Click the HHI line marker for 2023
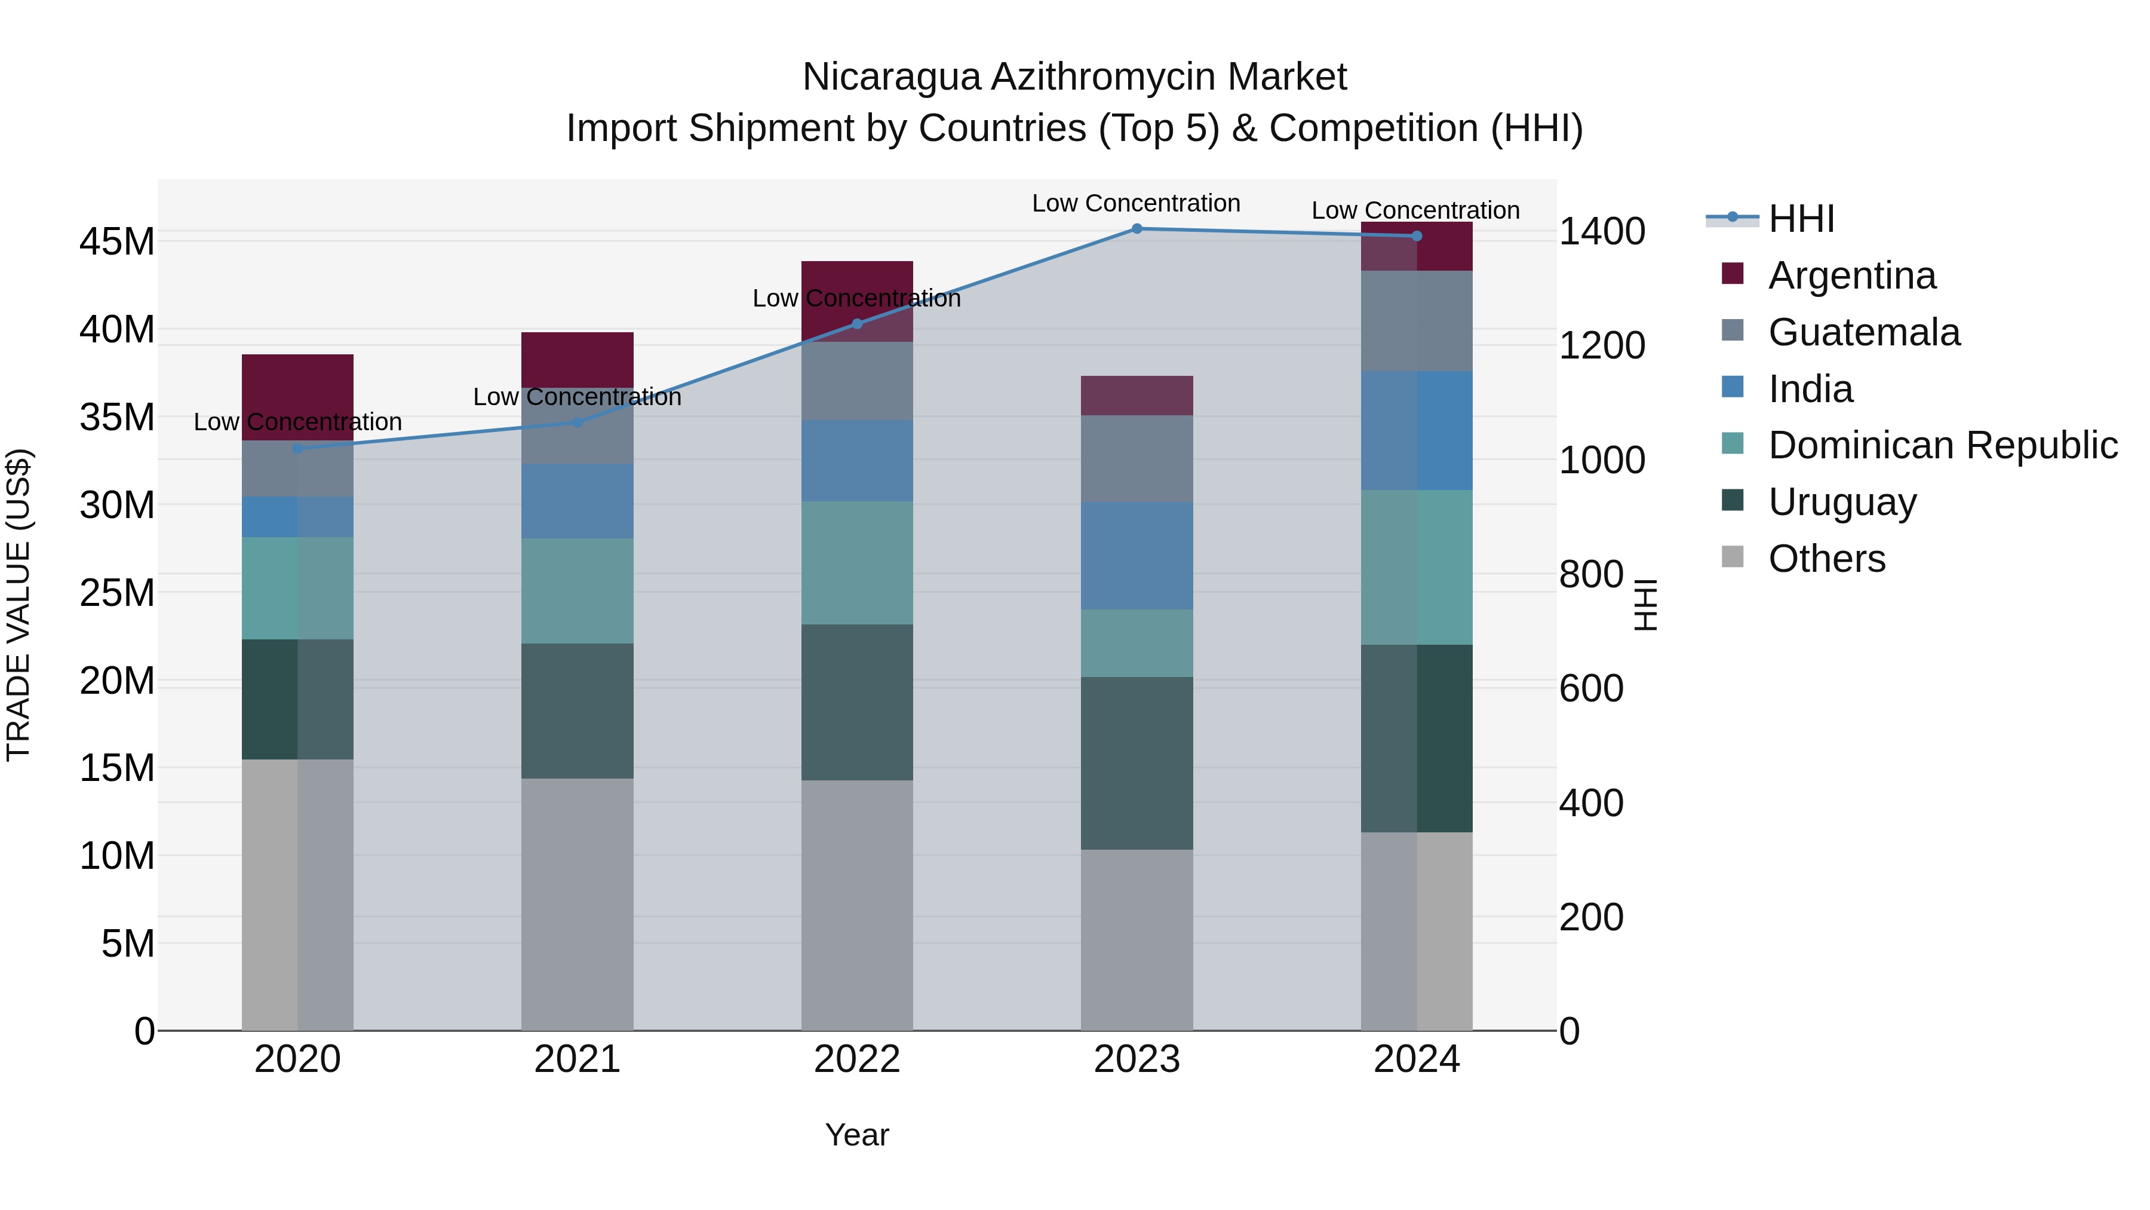pos(1137,228)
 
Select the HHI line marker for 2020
pos(298,448)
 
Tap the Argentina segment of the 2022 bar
pos(857,280)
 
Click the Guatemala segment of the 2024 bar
pos(1417,321)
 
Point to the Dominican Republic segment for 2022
pos(857,562)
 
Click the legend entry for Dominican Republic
pos(1942,445)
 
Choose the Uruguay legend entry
pos(1842,502)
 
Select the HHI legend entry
pos(1800,219)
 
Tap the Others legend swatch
pos(1733,557)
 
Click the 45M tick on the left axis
pos(117,242)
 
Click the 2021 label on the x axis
pos(578,1059)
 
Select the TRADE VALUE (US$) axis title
pos(19,605)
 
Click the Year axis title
pos(857,1135)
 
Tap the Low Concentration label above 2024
pos(1415,210)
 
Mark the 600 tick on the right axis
pos(1591,689)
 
